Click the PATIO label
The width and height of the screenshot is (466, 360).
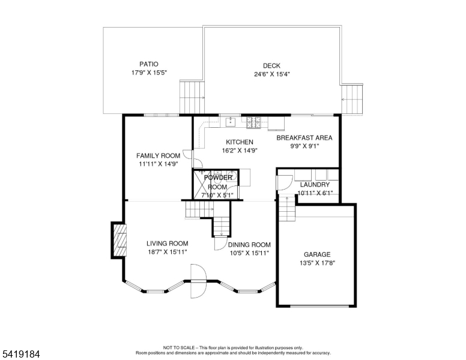[149, 64]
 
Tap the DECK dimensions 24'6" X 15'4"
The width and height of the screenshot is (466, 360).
[271, 74]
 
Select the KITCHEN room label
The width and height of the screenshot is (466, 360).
[240, 142]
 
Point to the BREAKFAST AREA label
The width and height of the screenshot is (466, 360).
[304, 138]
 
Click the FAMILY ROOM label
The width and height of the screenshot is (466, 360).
[158, 155]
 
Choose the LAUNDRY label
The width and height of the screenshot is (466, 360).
[315, 185]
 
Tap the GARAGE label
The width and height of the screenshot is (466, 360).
[317, 254]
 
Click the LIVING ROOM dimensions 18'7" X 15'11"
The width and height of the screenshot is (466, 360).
[168, 252]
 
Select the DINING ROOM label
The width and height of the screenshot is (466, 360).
[249, 245]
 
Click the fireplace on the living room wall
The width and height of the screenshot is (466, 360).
[120, 240]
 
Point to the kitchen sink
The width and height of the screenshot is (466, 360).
[231, 121]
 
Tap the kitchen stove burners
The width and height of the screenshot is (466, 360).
[253, 122]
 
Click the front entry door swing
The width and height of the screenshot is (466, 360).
[198, 281]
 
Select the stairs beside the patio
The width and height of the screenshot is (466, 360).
[192, 97]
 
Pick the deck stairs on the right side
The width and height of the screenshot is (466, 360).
[352, 99]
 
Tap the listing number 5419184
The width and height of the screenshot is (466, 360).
[21, 354]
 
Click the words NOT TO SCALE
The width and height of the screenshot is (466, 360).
[179, 347]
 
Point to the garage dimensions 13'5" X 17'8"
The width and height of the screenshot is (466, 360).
[318, 263]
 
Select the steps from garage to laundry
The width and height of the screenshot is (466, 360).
[287, 209]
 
